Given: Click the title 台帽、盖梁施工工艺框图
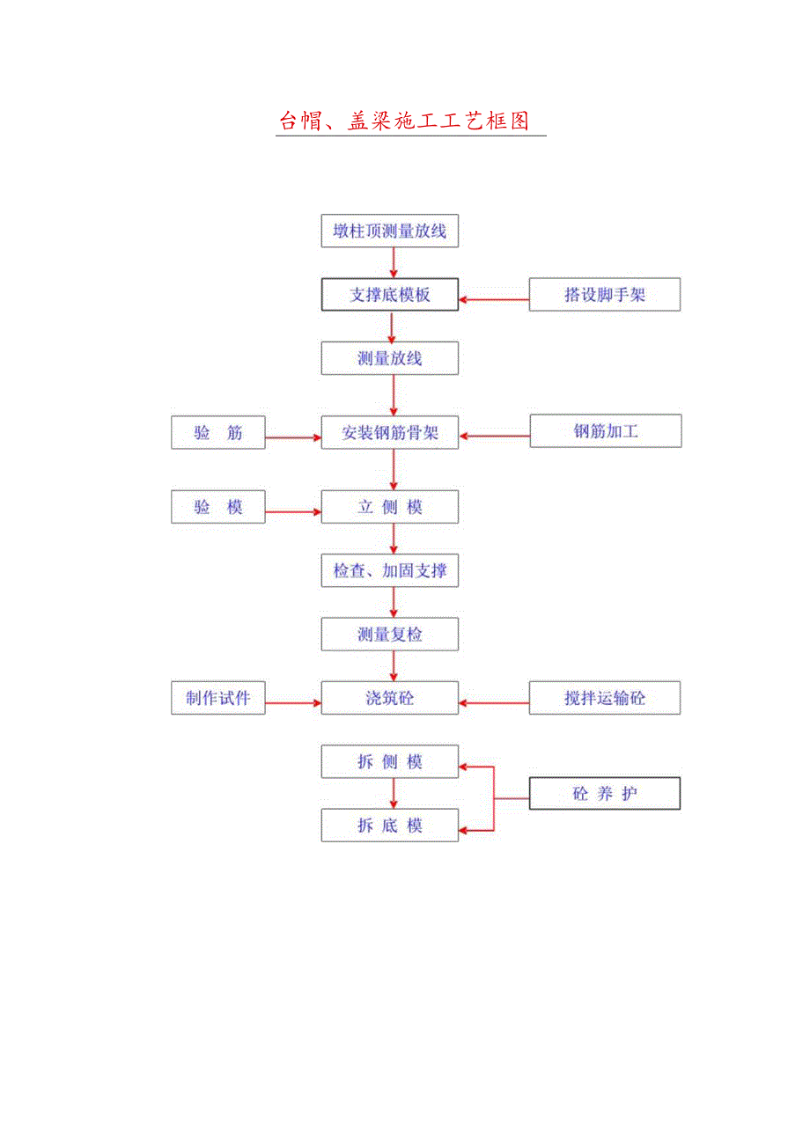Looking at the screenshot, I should coord(404,121).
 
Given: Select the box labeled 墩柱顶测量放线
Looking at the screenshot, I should coord(389,231).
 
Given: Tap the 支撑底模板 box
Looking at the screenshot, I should coord(389,295).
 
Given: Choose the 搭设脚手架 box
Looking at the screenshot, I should coord(605,295).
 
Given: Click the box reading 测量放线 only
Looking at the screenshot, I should coord(389,358).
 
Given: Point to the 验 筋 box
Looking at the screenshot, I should coord(218,433).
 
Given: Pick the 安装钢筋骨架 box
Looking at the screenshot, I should coord(389,433).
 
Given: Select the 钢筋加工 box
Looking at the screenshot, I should coord(605,431).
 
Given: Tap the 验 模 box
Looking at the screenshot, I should coord(218,508).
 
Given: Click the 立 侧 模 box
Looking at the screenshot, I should coord(389,508).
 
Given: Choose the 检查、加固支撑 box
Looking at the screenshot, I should coord(389,571).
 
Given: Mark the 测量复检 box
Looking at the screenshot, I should coord(389,635).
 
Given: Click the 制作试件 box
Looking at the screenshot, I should coord(218,698).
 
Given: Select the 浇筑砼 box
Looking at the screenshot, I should coord(389,698).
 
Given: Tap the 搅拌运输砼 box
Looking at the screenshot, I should coord(605,698).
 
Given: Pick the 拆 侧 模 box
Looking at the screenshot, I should coord(389,762).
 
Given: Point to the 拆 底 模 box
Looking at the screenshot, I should coord(389,826).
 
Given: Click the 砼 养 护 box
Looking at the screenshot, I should coord(605,794).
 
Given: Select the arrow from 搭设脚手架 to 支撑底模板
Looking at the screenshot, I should coord(494,300).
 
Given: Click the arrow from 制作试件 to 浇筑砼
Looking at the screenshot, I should coord(292,702).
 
